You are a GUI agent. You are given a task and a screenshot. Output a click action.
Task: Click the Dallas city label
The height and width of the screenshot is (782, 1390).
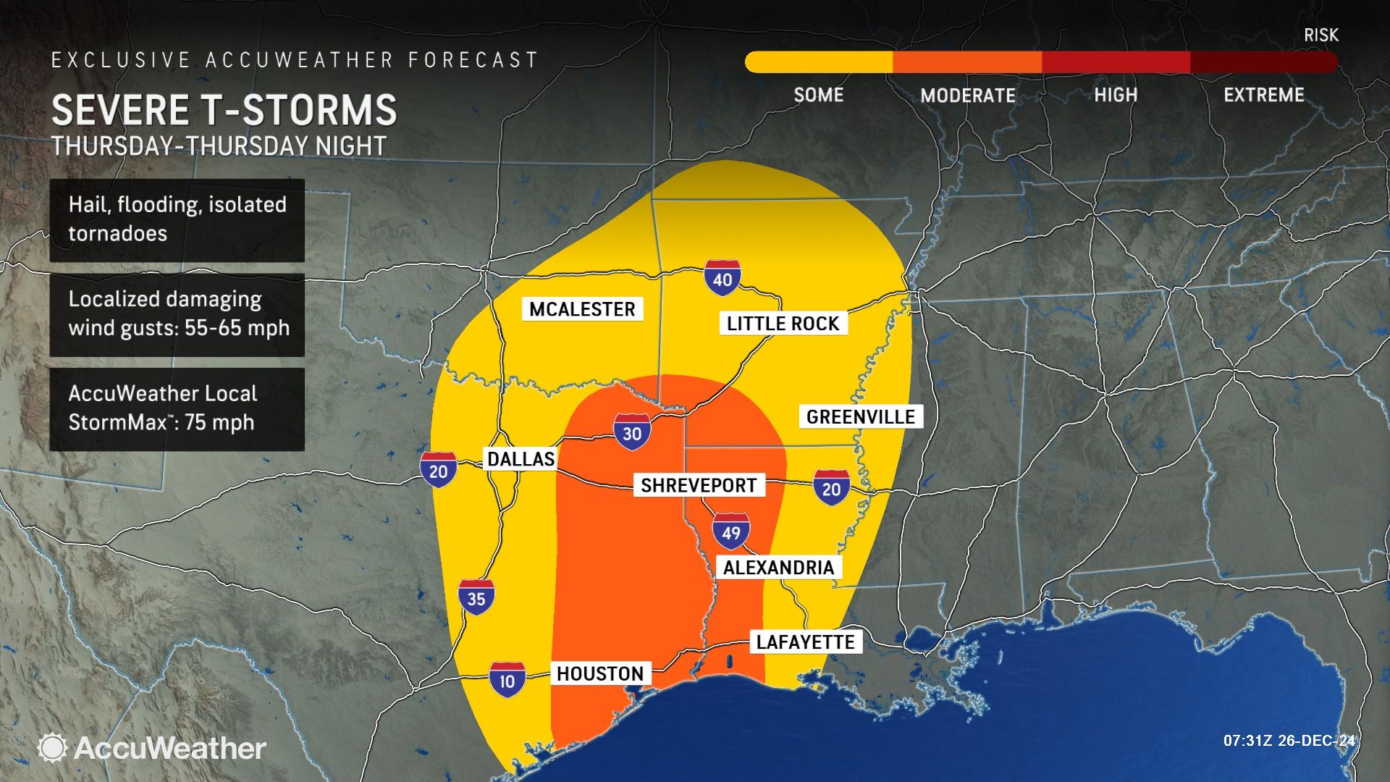tap(521, 458)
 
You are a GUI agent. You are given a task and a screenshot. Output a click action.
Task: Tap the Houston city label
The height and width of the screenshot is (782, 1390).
tap(599, 674)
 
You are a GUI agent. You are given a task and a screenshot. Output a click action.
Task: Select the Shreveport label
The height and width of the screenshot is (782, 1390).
tap(699, 485)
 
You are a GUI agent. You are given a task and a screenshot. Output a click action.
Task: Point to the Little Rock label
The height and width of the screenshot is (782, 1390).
tap(783, 324)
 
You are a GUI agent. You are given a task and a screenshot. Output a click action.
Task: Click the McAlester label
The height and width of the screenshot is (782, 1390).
tap(582, 309)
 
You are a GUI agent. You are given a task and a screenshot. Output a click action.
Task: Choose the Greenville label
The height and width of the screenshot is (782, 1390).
tap(861, 416)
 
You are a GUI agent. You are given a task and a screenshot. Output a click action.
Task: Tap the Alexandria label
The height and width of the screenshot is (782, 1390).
tap(778, 567)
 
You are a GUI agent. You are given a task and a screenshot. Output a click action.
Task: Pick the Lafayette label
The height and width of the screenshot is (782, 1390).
tap(805, 642)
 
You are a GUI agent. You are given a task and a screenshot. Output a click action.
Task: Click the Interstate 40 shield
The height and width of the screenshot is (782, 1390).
tap(723, 277)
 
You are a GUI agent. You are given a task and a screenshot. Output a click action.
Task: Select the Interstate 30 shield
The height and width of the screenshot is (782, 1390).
tap(632, 432)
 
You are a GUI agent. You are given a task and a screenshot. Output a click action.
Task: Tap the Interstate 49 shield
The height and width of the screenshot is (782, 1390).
tap(730, 532)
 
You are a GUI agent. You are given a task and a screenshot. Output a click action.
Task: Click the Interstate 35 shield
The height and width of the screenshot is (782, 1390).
tap(476, 597)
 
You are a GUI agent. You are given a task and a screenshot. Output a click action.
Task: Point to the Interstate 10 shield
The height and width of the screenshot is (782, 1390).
tap(507, 679)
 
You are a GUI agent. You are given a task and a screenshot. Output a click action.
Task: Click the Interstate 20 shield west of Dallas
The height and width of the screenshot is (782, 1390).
tap(438, 470)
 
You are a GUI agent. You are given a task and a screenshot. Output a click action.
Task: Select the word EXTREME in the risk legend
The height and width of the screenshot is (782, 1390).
tap(1263, 95)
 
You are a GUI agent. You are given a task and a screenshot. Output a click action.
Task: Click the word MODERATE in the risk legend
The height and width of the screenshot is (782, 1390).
tap(968, 96)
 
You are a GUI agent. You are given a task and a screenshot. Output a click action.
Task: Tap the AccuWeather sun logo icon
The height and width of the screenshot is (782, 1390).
tap(53, 748)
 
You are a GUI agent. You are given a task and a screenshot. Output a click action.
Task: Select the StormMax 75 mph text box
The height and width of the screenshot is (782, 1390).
tap(177, 408)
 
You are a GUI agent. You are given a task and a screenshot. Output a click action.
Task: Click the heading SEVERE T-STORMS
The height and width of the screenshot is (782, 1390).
tap(224, 109)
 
